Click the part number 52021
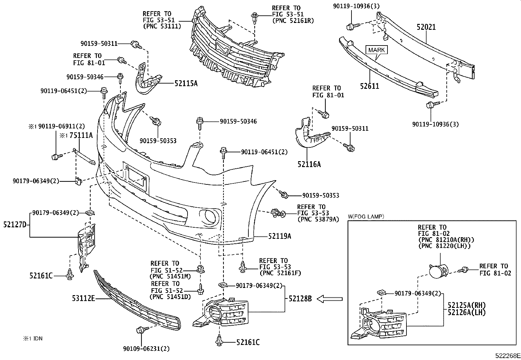point(426,27)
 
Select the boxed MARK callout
point(377,50)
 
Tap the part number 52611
point(369,86)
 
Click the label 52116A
point(309,164)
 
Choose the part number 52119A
point(279,236)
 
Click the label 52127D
point(15,225)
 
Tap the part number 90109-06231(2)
point(146,349)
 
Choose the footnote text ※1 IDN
point(32,339)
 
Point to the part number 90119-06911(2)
point(61,126)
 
